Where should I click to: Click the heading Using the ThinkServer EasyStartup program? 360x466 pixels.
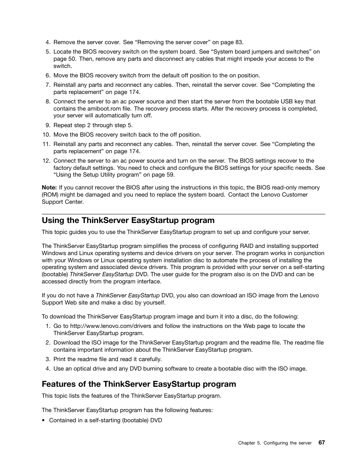click(x=128, y=220)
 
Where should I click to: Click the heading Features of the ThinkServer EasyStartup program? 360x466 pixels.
click(x=139, y=384)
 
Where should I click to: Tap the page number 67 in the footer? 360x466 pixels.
click(x=321, y=443)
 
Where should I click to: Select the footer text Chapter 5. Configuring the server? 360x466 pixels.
click(x=275, y=443)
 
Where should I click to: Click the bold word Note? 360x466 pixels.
click(x=49, y=188)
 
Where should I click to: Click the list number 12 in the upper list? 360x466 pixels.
click(x=46, y=161)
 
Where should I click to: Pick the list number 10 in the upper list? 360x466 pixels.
click(x=46, y=135)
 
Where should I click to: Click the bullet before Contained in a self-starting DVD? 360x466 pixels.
click(x=44, y=420)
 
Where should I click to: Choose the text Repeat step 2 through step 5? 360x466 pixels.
click(x=93, y=125)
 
